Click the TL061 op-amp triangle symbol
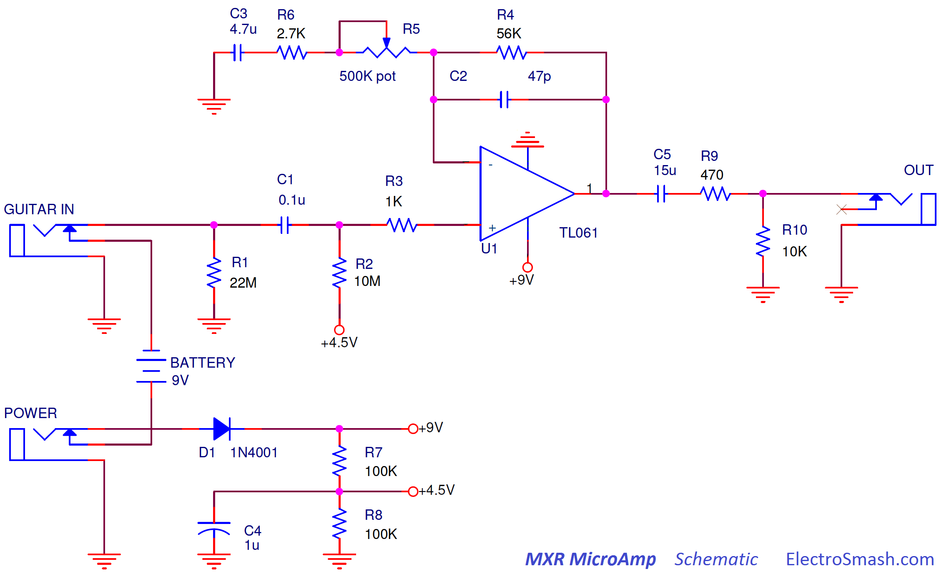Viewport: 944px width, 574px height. (x=521, y=194)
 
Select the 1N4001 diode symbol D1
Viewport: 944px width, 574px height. (x=221, y=429)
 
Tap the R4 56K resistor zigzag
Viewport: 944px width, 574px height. (x=512, y=53)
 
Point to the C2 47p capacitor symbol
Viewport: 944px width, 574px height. (x=504, y=100)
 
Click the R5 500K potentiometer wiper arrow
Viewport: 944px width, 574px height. (x=387, y=43)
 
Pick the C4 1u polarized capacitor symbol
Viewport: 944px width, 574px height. (x=214, y=528)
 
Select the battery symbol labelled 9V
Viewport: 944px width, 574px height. (x=151, y=366)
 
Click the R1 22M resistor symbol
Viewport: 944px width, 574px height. (x=214, y=272)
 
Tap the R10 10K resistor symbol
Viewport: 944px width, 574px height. (x=763, y=241)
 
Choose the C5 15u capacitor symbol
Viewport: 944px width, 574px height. (x=661, y=194)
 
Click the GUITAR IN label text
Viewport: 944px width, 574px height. (x=39, y=209)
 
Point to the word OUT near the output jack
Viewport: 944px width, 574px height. (x=918, y=170)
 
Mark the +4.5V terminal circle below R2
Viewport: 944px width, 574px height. (x=339, y=330)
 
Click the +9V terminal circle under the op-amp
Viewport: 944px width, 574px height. (x=527, y=267)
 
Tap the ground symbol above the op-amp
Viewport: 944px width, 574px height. (x=527, y=140)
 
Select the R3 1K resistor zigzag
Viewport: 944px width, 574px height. (x=402, y=225)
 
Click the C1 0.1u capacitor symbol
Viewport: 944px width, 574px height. (x=285, y=225)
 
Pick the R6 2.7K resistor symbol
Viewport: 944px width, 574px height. (x=292, y=53)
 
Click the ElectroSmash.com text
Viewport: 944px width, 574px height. (x=860, y=559)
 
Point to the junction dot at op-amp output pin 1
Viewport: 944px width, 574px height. (x=606, y=194)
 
